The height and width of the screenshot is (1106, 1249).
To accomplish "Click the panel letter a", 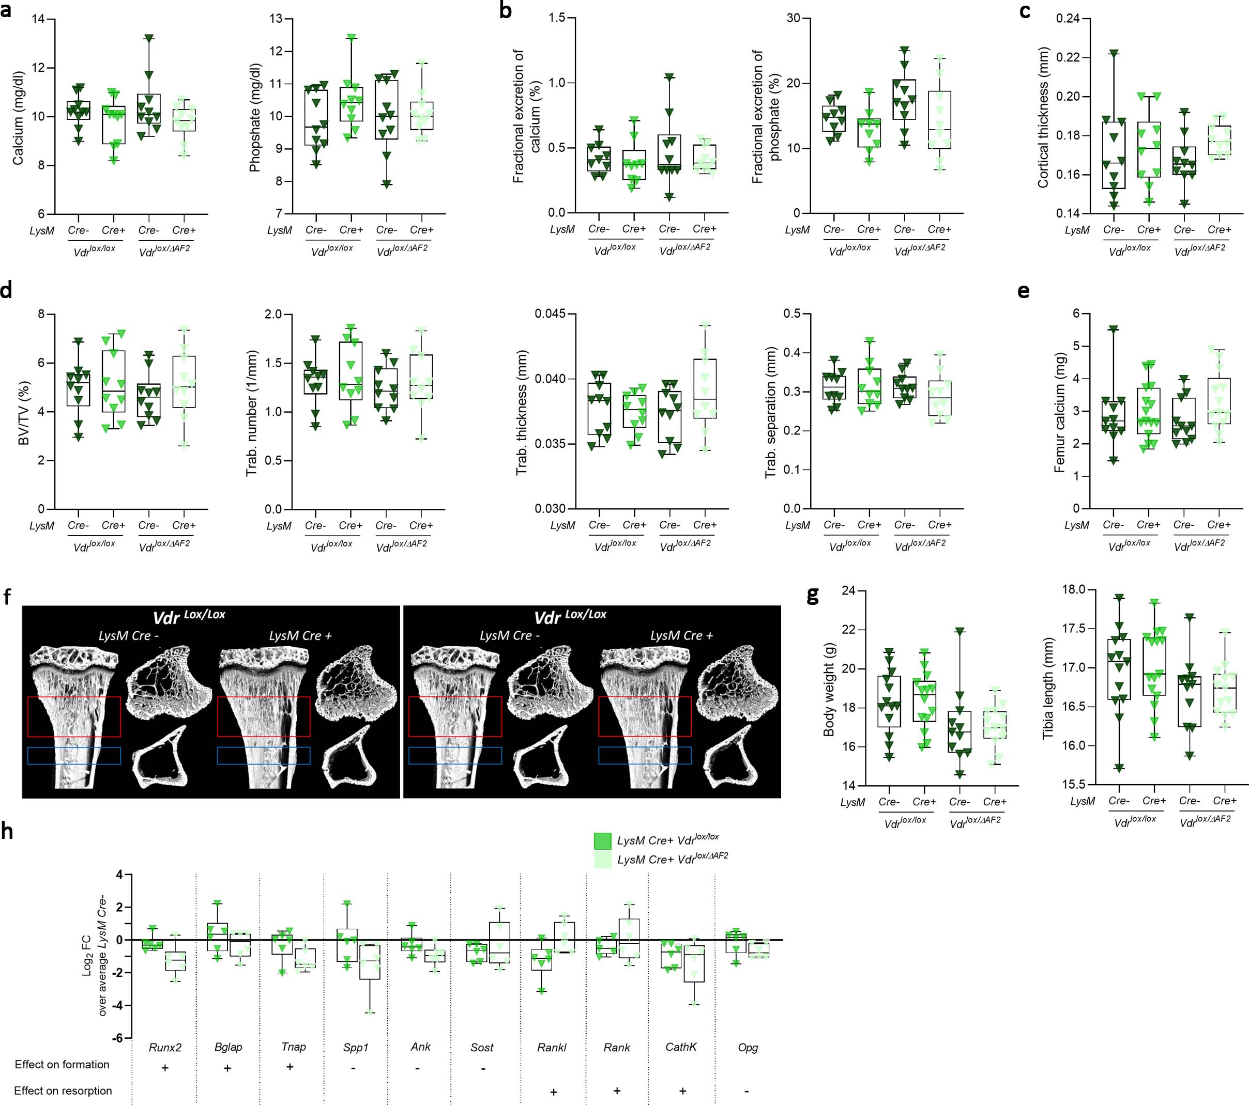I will [x=6, y=11].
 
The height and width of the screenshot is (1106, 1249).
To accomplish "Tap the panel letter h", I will [x=7, y=831].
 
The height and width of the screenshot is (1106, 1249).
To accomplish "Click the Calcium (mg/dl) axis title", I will [x=18, y=118].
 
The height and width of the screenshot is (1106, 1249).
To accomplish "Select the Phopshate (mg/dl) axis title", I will [x=255, y=117].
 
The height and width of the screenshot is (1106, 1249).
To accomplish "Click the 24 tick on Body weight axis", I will [x=848, y=590].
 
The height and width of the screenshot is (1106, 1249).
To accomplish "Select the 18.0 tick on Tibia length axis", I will [x=1074, y=590].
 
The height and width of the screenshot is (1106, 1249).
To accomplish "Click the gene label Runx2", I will [x=165, y=1048].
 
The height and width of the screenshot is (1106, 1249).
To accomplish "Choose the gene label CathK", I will [x=681, y=1047].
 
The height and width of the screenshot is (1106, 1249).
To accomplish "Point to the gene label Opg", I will [x=748, y=1048].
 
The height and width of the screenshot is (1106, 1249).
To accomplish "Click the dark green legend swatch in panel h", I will [x=602, y=841].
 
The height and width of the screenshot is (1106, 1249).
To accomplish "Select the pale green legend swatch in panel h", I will [x=602, y=860].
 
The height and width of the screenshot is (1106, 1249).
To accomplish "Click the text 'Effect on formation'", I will [x=62, y=1065].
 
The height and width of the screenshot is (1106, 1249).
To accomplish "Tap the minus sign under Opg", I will [x=747, y=1091].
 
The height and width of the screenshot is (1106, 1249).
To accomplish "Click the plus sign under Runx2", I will [x=164, y=1068].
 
